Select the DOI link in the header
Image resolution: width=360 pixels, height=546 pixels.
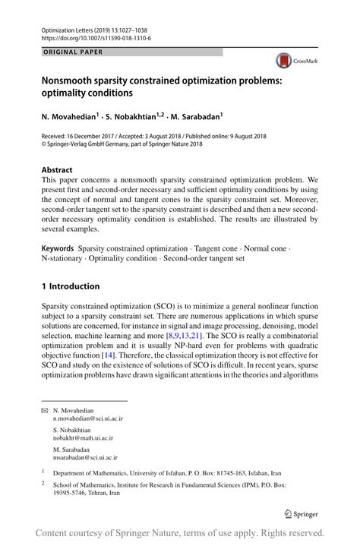(x=96, y=37)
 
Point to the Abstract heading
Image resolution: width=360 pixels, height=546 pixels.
(x=57, y=170)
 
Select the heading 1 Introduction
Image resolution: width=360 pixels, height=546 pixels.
(x=71, y=286)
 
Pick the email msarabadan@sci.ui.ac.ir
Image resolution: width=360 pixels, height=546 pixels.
(x=85, y=458)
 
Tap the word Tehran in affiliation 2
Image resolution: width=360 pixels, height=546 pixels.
(x=111, y=492)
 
